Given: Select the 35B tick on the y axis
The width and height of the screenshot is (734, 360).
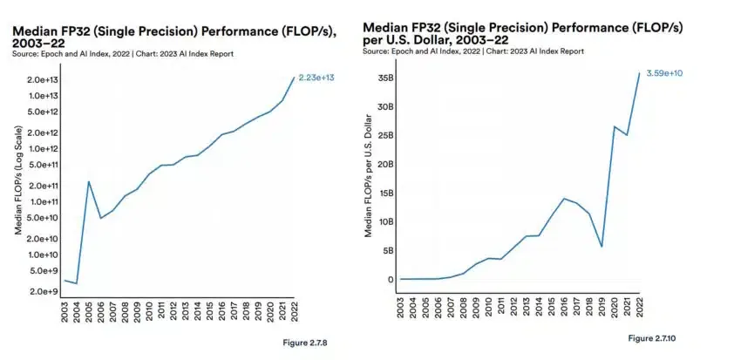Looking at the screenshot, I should click(383, 78).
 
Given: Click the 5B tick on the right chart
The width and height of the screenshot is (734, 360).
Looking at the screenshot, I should click(385, 250).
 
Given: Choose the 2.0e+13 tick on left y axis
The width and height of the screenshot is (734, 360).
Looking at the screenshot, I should click(41, 79).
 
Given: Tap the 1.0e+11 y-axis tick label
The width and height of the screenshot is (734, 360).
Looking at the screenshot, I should click(41, 201).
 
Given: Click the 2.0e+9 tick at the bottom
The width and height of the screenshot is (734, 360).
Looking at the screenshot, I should click(43, 291).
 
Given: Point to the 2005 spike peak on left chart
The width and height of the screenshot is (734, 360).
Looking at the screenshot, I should click(89, 181).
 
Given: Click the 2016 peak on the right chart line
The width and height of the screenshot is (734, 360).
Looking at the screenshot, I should click(564, 199).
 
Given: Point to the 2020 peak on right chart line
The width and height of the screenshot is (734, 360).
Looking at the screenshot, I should click(615, 126).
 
